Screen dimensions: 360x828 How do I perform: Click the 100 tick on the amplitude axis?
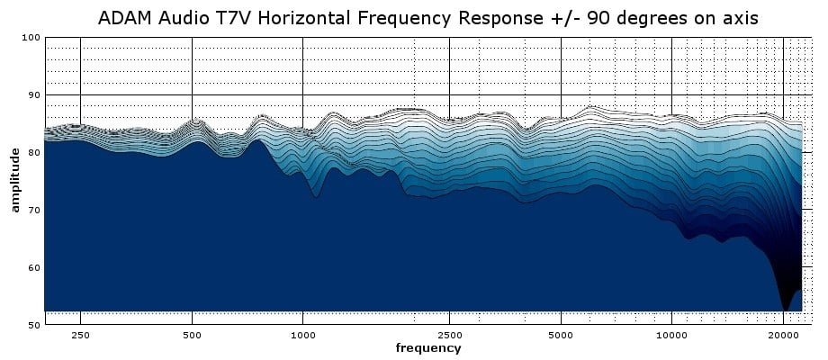point(31,38)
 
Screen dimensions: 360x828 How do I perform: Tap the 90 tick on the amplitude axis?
point(34,95)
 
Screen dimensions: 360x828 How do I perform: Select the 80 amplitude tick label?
point(34,153)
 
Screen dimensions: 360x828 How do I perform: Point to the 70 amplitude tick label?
point(34,211)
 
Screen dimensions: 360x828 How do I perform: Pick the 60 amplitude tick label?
point(34,268)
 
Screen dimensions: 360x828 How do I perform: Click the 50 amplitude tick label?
point(34,325)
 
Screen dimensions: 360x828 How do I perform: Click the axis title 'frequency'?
point(428,348)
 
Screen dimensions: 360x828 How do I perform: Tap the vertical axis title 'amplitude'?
point(15,181)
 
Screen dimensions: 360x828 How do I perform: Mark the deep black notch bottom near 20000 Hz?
point(786,309)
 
